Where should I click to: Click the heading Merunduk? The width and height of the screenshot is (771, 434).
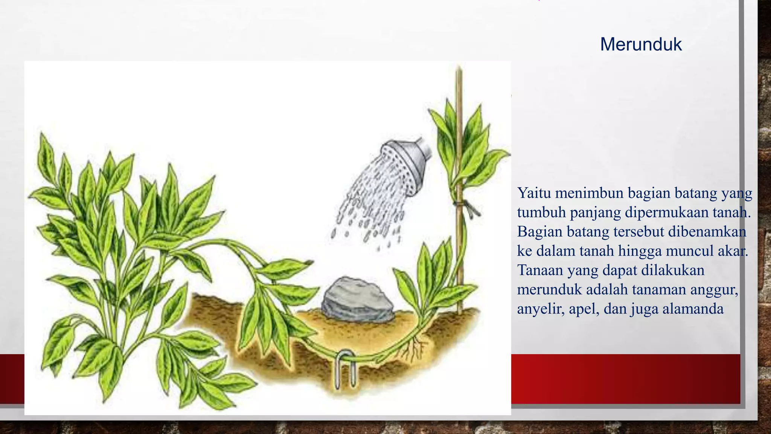coord(641,44)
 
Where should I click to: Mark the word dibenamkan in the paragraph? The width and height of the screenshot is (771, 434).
coord(707,231)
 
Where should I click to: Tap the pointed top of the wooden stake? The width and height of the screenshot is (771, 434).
coord(459,69)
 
